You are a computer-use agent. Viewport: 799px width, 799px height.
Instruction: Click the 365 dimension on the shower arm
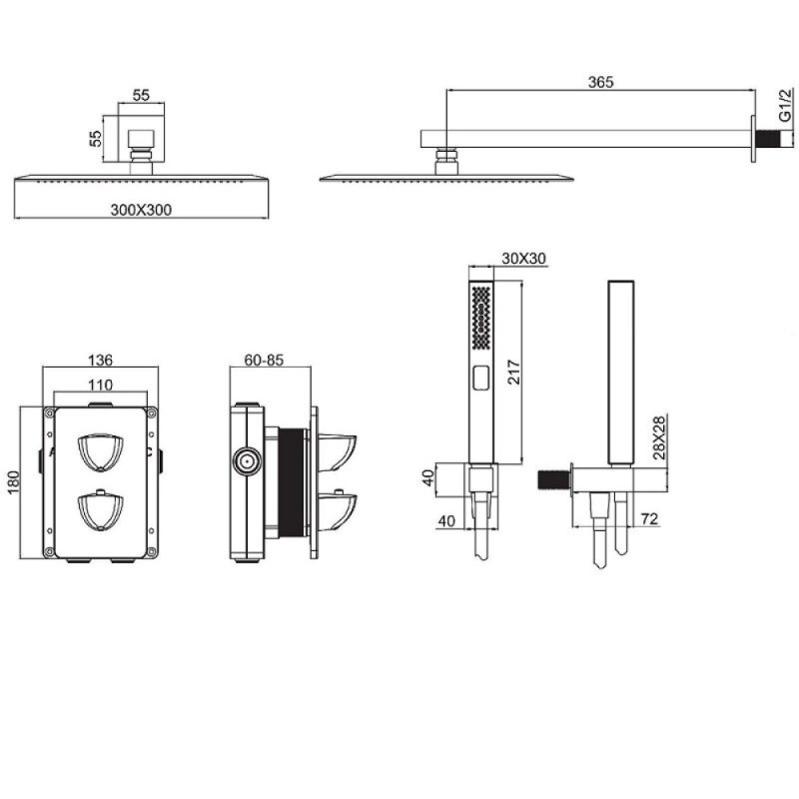coord(600,82)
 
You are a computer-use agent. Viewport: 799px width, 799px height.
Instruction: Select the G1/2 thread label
coord(786,106)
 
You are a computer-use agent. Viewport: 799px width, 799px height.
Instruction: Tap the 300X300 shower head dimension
coord(141,210)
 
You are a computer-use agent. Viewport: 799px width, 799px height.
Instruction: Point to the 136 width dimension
coord(100,361)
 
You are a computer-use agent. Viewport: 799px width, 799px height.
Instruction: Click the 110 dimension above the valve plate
coord(100,385)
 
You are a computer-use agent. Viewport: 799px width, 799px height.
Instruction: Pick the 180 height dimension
coord(13,482)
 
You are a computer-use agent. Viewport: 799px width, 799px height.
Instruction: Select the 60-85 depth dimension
coord(264,360)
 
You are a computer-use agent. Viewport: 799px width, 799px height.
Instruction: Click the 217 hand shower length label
coord(514,372)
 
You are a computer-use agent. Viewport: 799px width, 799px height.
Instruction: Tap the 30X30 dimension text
coord(523,259)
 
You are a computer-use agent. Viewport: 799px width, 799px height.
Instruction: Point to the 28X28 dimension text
coord(659,437)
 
